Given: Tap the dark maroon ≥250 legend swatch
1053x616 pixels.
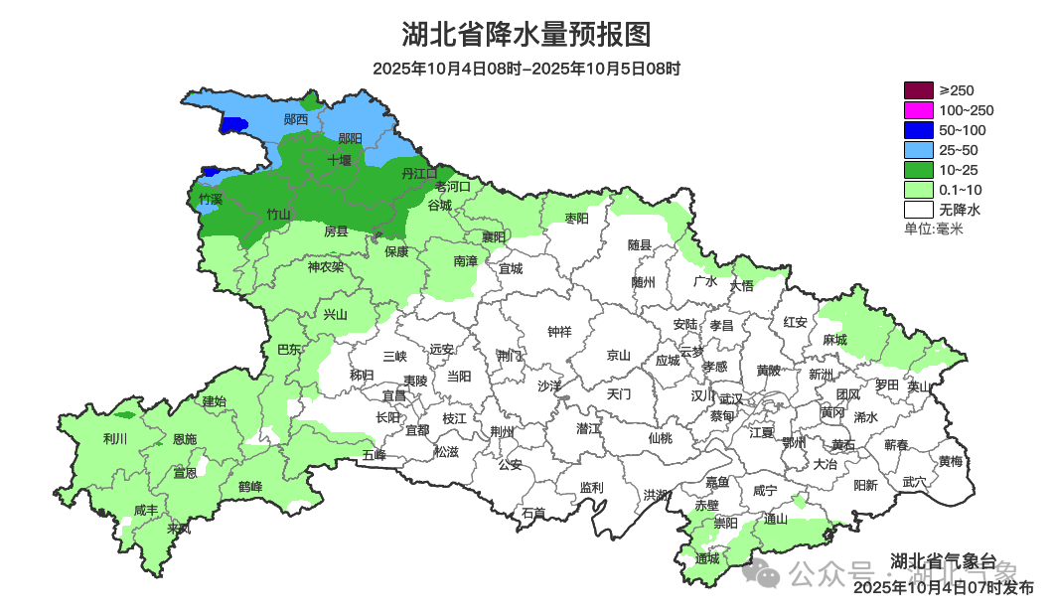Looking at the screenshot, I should click(x=918, y=90).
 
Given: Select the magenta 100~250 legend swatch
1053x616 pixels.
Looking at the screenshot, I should click(x=918, y=110).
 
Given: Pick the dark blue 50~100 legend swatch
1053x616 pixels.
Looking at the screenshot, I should click(x=918, y=130).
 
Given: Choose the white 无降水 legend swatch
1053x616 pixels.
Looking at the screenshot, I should click(x=918, y=210).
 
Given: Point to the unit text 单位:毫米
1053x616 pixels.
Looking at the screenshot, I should click(x=933, y=229).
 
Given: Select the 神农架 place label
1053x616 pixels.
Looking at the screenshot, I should click(x=325, y=266).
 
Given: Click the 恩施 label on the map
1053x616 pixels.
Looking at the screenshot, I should click(x=185, y=439).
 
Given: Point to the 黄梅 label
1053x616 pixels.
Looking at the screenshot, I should click(x=950, y=462).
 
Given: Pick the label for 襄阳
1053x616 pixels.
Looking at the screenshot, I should click(x=494, y=236).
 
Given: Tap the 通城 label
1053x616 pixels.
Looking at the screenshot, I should click(x=707, y=558).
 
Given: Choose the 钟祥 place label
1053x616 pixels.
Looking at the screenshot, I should click(x=560, y=332).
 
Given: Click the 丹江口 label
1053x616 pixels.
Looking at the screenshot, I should click(x=419, y=174).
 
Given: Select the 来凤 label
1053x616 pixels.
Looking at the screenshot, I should click(x=179, y=529).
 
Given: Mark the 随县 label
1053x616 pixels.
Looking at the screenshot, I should click(x=639, y=244).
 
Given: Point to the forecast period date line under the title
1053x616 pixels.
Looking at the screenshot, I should click(x=526, y=69).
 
